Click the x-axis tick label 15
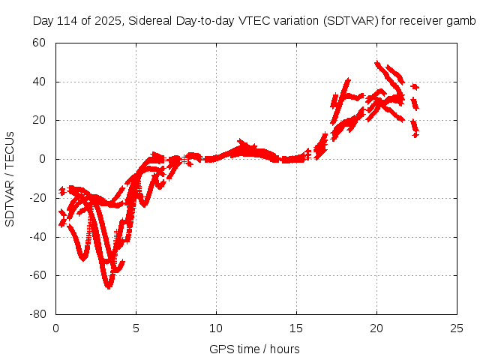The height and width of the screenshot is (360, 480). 296,328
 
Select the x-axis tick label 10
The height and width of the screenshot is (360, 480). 216,328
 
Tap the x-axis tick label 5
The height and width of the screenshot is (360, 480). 136,328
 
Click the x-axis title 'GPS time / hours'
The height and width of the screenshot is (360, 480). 255,349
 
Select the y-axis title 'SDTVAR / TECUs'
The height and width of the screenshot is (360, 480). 10,178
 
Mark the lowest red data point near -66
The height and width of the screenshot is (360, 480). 109,286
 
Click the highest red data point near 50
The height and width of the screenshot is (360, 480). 377,64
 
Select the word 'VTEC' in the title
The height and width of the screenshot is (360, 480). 260,20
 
